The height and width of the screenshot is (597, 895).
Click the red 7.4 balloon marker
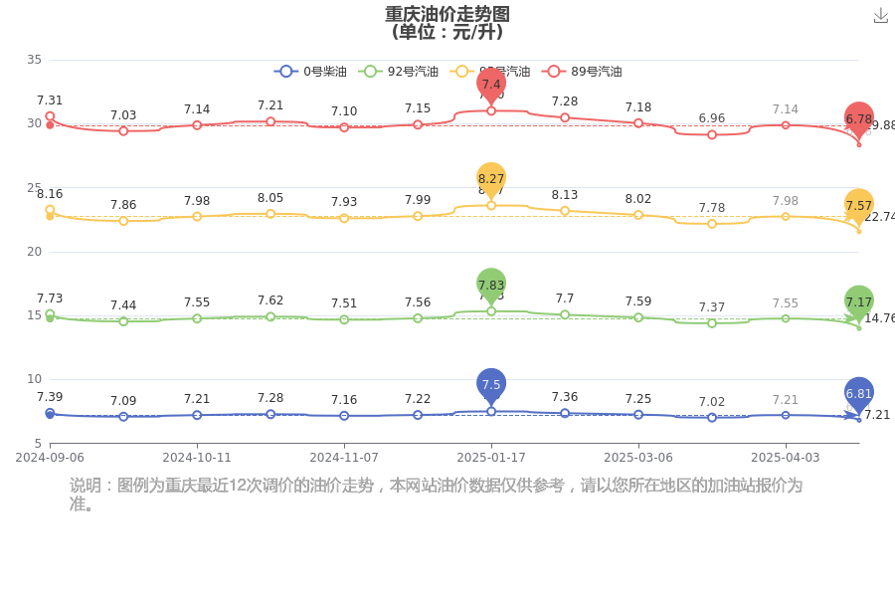click(491, 84)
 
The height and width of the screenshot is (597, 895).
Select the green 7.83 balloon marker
click(491, 285)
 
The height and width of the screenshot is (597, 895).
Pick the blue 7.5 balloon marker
click(491, 384)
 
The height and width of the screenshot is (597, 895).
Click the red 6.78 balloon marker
click(859, 118)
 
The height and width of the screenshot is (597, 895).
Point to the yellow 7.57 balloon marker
click(859, 205)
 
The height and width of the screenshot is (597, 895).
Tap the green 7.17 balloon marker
click(859, 301)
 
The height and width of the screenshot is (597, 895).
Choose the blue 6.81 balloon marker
click(859, 393)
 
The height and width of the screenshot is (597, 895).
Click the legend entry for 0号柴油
click(311, 72)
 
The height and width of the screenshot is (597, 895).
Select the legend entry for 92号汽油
click(399, 72)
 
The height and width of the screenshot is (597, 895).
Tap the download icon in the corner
click(880, 15)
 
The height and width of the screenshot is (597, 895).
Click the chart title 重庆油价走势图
click(447, 14)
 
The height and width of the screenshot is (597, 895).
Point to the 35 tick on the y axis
click(34, 60)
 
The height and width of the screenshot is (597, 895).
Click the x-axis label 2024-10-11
click(197, 458)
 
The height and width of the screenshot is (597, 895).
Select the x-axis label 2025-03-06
click(638, 458)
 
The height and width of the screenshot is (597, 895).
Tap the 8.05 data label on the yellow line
click(270, 198)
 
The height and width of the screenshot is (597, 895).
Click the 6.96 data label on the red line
click(712, 118)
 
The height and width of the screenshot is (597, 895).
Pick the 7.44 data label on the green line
click(123, 305)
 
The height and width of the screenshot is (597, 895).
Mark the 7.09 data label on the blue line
click(123, 400)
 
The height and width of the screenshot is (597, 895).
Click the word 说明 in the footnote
click(86, 486)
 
